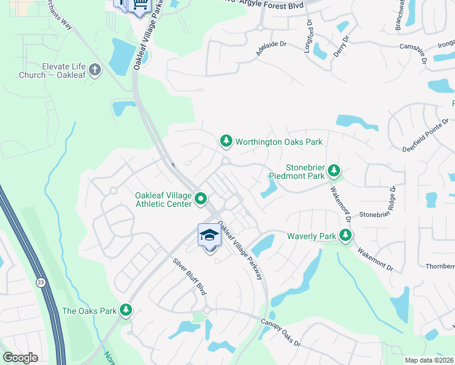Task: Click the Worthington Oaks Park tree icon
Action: coord(226,142)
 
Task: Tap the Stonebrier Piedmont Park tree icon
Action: coord(333,171)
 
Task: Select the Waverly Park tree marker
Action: coord(346,235)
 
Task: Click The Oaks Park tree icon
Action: coord(126,310)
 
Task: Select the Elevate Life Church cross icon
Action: coord(94,70)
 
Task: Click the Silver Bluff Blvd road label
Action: coord(189,277)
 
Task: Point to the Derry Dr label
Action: coord(341,46)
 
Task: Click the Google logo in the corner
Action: coord(20,358)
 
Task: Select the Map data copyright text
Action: coord(429,360)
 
